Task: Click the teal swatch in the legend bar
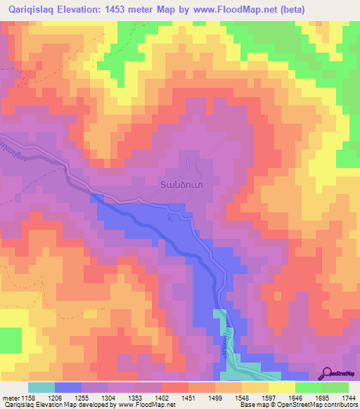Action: pyautogui.click(x=41, y=387)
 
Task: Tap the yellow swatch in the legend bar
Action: pyautogui.click(x=282, y=387)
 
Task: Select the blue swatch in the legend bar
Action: pyautogui.click(x=68, y=387)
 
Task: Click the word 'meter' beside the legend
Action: pyautogui.click(x=10, y=397)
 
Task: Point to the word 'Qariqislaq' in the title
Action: pyautogui.click(x=28, y=10)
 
